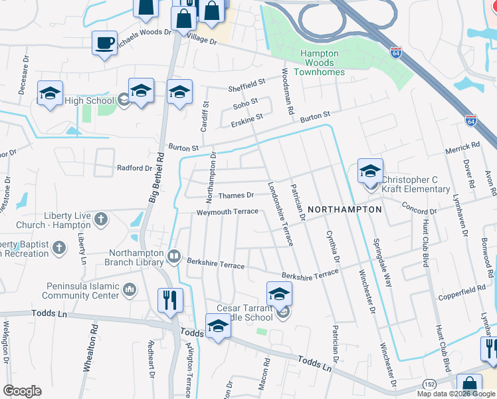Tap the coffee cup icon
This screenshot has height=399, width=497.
(105, 43)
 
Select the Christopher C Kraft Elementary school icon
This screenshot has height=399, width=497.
(370, 172)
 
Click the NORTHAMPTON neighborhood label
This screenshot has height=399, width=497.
(346, 209)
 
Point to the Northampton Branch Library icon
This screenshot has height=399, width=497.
(174, 256)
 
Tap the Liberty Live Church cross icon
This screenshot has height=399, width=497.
(101, 219)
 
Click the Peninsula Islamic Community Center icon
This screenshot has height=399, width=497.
(129, 290)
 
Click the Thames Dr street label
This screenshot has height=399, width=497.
(237, 196)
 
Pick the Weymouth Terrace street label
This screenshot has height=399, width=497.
(227, 212)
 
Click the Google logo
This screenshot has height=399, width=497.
(23, 391)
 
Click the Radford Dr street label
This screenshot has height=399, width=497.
(135, 168)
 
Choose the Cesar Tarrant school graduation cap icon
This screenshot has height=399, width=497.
(280, 293)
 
